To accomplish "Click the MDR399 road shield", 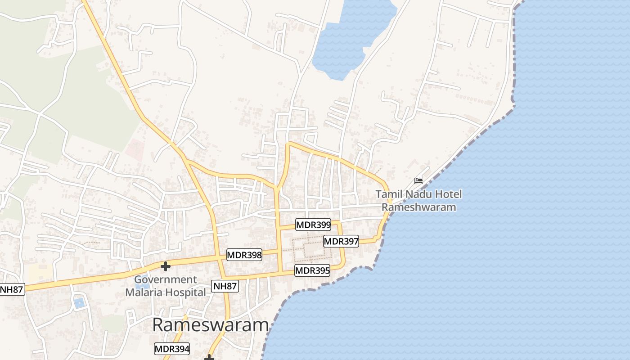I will pyautogui.click(x=313, y=225).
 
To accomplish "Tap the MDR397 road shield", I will pyautogui.click(x=341, y=242).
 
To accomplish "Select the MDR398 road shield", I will pyautogui.click(x=244, y=255).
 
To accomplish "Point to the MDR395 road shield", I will pyautogui.click(x=312, y=271).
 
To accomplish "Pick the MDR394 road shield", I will pyautogui.click(x=172, y=349).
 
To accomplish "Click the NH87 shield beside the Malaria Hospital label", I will pyautogui.click(x=225, y=286).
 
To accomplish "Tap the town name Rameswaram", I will pyautogui.click(x=211, y=325).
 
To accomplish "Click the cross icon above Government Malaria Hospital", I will pyautogui.click(x=165, y=266).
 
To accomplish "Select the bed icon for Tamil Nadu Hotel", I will pyautogui.click(x=418, y=181).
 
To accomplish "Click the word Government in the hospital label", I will pyautogui.click(x=165, y=280).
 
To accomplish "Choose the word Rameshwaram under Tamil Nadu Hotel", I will pyautogui.click(x=419, y=207).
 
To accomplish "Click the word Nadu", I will pyautogui.click(x=419, y=195).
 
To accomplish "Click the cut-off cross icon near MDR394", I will pyautogui.click(x=209, y=357).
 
